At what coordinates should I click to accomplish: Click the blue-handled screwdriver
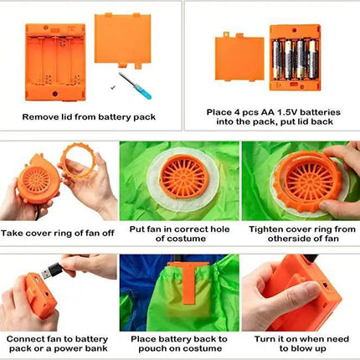[x=135, y=85]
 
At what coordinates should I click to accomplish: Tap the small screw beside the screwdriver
[x=112, y=88]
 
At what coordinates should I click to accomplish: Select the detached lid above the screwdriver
[x=123, y=40]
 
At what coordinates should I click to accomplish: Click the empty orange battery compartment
[x=55, y=62]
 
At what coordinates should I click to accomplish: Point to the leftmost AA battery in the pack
[x=278, y=59]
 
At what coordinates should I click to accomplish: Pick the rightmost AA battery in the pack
[x=313, y=59]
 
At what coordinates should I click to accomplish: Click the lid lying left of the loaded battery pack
[x=239, y=58]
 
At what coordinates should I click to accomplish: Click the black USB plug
[x=52, y=270]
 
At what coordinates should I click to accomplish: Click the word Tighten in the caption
[x=265, y=229]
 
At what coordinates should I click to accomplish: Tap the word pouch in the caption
[x=151, y=348]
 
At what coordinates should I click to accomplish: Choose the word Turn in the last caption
[x=262, y=339]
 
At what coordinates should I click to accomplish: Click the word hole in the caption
[x=220, y=229]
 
